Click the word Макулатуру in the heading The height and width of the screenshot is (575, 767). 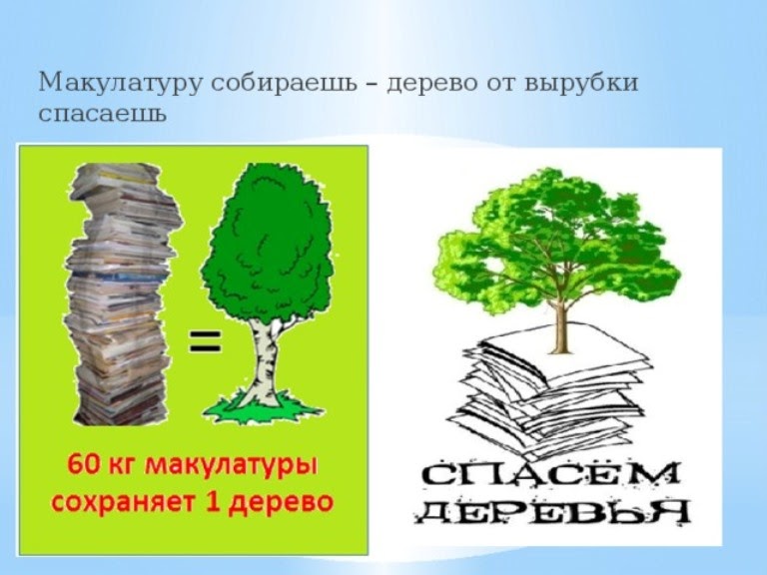[120, 83]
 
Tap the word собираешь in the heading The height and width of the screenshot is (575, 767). [285, 83]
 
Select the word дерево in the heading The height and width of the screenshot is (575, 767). [432, 83]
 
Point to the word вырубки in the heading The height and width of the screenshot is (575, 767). [582, 83]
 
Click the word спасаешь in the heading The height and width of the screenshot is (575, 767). [103, 115]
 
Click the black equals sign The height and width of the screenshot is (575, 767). [205, 340]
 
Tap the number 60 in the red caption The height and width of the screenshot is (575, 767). [82, 465]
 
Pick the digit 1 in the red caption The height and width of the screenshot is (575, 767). [213, 501]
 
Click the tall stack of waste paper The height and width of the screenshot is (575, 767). [121, 293]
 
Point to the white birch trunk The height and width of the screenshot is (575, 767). [264, 361]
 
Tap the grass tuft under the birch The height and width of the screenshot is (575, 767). [264, 405]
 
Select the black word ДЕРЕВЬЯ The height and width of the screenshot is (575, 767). [552, 512]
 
